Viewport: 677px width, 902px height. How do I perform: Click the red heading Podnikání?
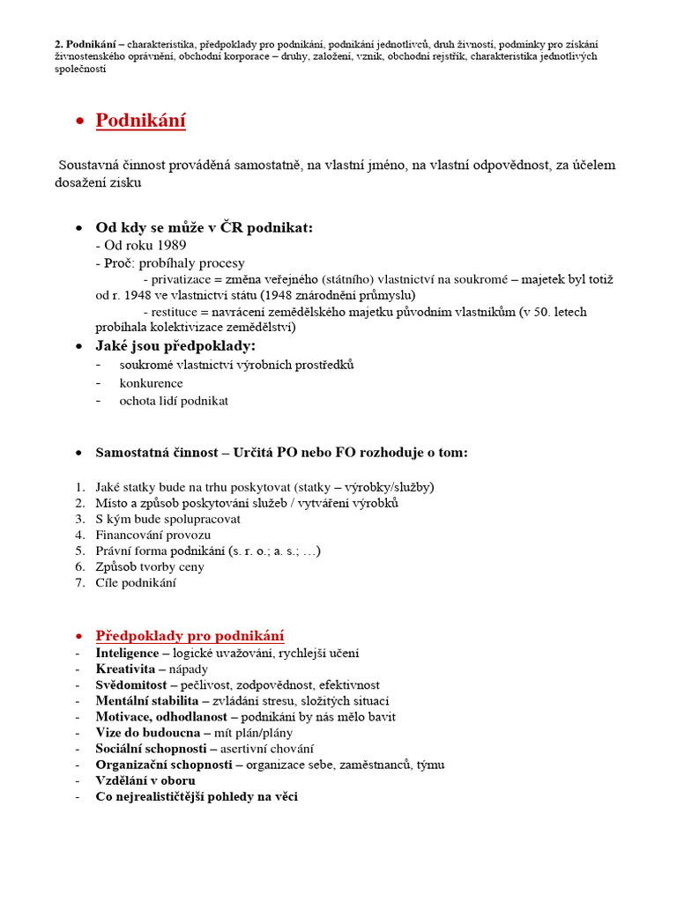[x=140, y=121]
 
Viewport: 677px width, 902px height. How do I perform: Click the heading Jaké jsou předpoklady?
[x=175, y=345]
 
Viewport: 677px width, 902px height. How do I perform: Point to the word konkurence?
[x=152, y=383]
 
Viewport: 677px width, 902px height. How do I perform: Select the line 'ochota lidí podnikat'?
[x=174, y=400]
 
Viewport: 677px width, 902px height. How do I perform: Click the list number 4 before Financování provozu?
[x=79, y=535]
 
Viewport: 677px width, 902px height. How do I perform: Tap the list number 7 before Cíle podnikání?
[x=79, y=582]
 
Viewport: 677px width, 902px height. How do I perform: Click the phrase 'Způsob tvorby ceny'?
[x=150, y=566]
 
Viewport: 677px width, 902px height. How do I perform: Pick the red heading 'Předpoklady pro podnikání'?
[x=190, y=636]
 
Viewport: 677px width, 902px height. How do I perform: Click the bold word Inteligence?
[x=127, y=654]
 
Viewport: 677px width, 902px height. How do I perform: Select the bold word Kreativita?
[x=123, y=669]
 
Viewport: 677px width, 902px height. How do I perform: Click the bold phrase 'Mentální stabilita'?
[x=147, y=701]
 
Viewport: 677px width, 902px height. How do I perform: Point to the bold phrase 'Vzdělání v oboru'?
[x=145, y=780]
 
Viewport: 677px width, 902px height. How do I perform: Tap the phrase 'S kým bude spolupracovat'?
[x=167, y=519]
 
